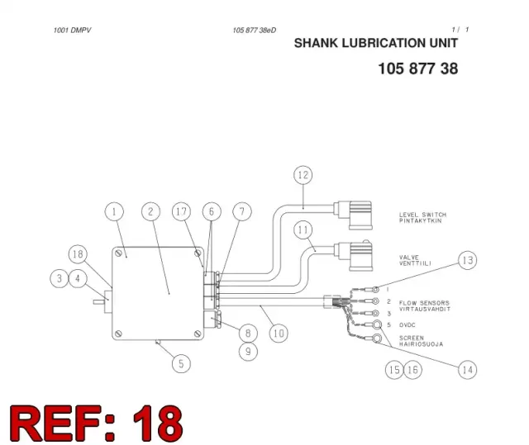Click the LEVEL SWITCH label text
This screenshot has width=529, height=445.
coord(422,215)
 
